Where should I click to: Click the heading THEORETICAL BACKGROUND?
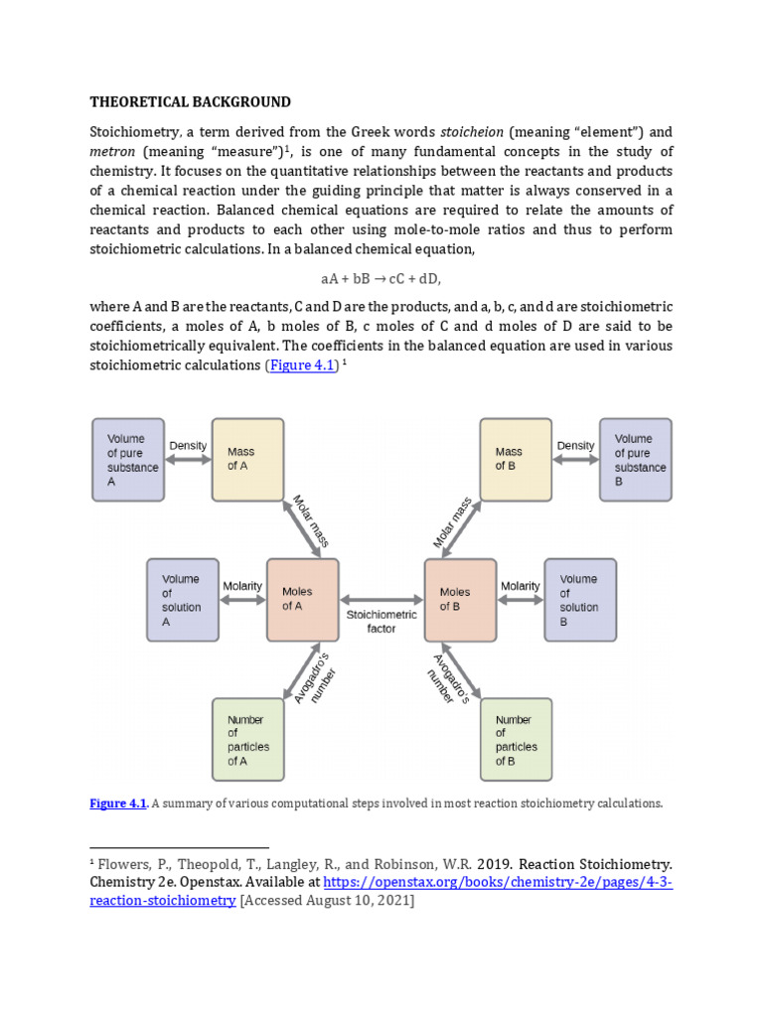click(x=190, y=101)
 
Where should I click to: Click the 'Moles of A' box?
click(x=302, y=599)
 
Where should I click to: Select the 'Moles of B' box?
click(x=460, y=599)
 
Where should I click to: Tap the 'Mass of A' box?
click(x=247, y=459)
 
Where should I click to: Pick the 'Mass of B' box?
click(x=516, y=459)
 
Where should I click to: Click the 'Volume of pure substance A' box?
click(x=127, y=459)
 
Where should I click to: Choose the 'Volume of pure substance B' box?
click(x=635, y=459)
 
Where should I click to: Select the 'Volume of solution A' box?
click(x=183, y=599)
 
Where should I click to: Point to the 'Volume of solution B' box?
click(x=579, y=599)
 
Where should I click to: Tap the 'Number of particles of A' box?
click(x=247, y=740)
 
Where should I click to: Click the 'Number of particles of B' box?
click(x=516, y=740)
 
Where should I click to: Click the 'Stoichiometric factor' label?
click(x=381, y=622)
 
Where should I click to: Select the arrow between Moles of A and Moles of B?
click(x=381, y=600)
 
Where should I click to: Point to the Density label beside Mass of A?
click(x=188, y=446)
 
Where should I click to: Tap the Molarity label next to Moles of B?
click(x=521, y=586)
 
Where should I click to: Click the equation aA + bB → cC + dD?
click(x=381, y=281)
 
